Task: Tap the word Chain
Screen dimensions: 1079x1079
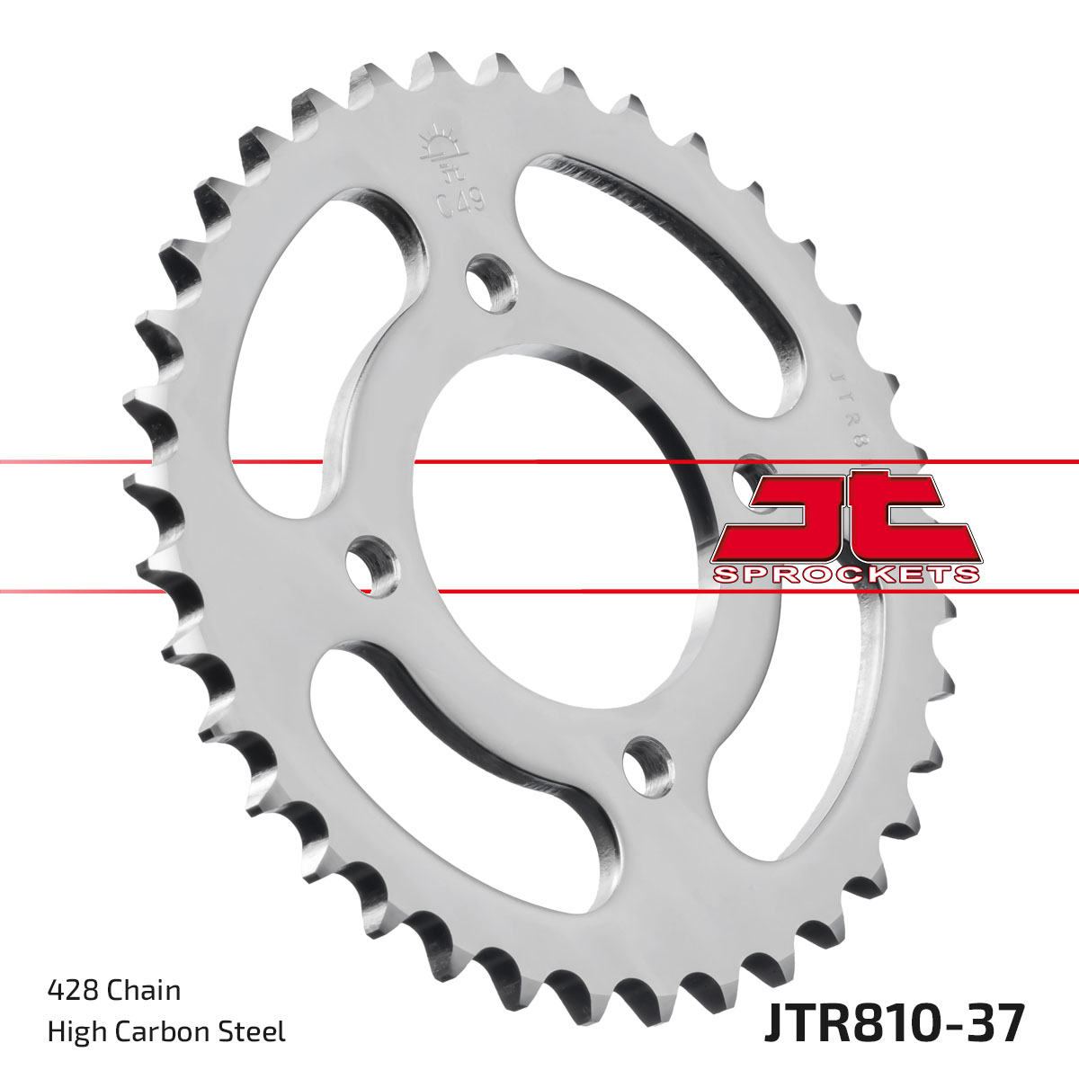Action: click(143, 990)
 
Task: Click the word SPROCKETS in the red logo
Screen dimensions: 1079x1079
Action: click(845, 575)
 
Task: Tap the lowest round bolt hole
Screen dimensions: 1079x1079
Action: click(647, 764)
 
